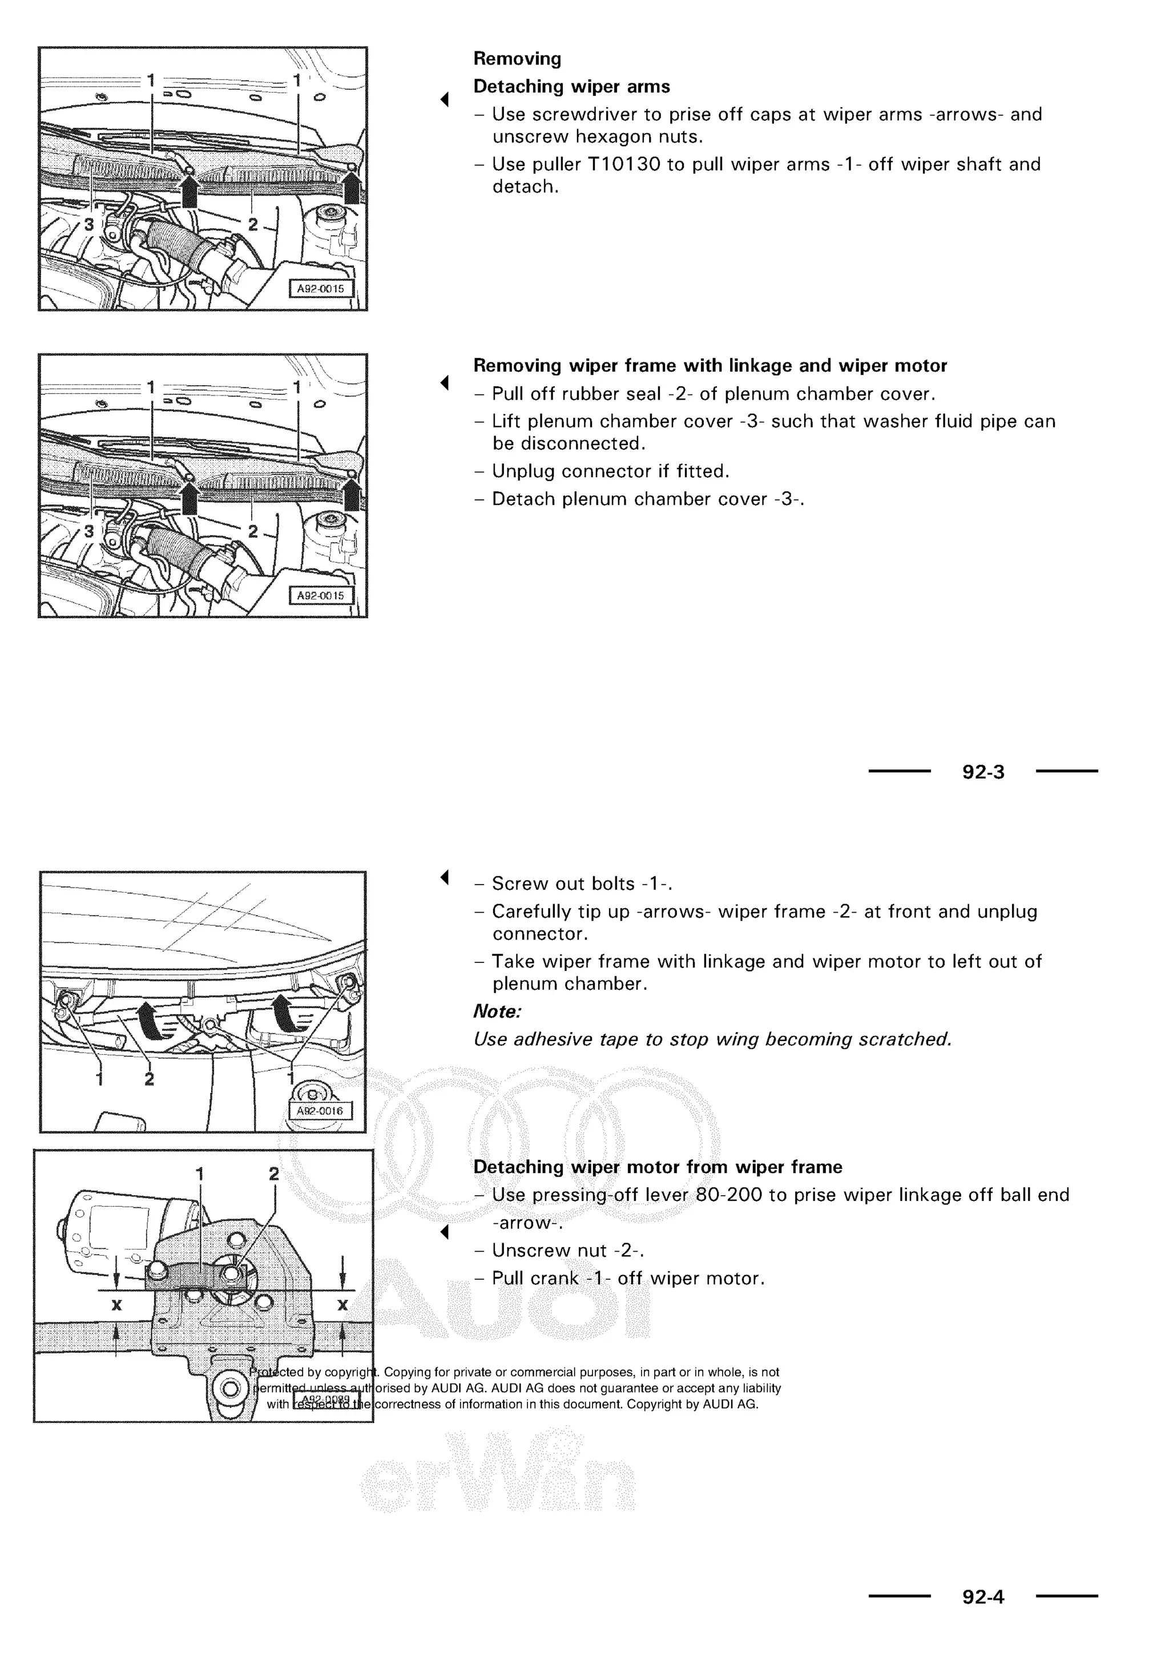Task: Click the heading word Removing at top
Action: pos(517,59)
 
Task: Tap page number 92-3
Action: pos(983,772)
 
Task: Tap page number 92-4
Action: pos(983,1597)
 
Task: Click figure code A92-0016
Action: pos(320,1111)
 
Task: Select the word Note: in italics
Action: pos(497,1011)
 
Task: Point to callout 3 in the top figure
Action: pos(88,225)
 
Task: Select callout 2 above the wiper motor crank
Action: pos(273,1174)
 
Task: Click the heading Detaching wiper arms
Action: pos(571,87)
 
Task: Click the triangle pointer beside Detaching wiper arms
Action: pos(445,99)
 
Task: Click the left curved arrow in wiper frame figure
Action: pos(152,1020)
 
